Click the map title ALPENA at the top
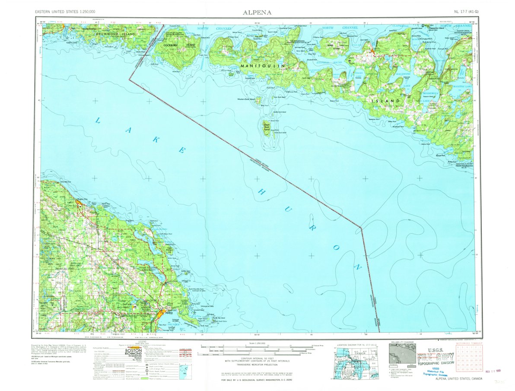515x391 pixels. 257,12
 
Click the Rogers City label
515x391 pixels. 82,199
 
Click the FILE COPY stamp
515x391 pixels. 435,357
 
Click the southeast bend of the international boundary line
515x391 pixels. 361,227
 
